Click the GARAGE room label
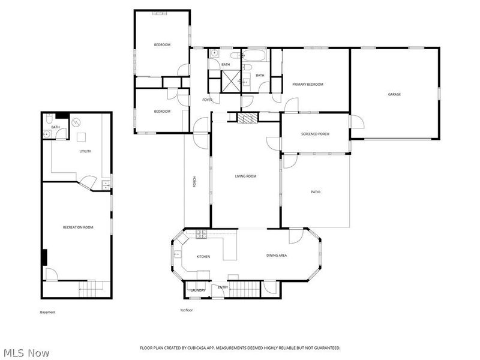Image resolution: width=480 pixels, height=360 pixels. click(394, 94)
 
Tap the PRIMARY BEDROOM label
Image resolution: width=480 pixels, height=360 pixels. click(308, 85)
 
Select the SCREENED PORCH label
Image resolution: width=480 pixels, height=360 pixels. click(315, 134)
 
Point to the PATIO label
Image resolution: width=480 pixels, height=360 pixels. click(315, 192)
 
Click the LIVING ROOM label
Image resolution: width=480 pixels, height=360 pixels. click(245, 176)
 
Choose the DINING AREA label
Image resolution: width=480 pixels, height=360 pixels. click(277, 256)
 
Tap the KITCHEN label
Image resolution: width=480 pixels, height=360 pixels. click(203, 257)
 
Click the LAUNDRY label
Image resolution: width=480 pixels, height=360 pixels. click(198, 290)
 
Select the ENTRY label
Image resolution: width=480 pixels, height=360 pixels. click(223, 287)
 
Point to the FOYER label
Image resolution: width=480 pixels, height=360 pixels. click(208, 100)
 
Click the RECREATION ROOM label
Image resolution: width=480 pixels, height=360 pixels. click(78, 227)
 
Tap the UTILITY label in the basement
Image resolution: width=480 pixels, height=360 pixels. click(85, 151)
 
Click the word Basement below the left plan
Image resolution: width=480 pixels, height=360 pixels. click(47, 312)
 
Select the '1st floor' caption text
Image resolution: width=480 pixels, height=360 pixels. click(187, 310)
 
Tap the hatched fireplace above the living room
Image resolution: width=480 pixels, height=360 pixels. click(246, 118)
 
